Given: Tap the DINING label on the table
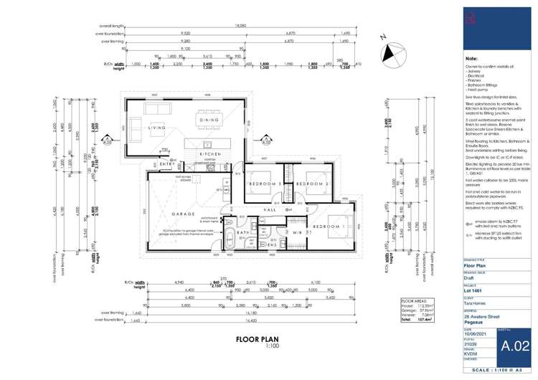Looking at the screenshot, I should point(209,120).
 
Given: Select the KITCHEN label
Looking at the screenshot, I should point(209,153).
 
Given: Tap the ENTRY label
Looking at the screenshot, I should point(166,164).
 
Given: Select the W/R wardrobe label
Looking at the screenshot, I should point(297,232).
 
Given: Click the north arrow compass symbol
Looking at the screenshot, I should point(390,52).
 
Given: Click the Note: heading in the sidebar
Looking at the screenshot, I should point(472,57).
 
